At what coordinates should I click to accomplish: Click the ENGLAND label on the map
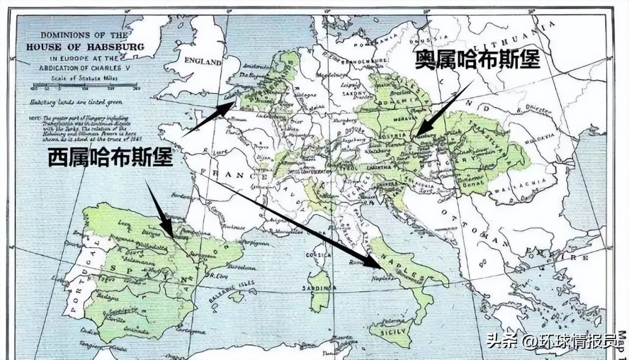coord(203,62)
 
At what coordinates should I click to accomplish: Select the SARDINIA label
coord(318,288)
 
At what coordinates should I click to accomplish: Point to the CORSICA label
coord(316,255)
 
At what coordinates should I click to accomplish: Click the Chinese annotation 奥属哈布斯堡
coord(477,59)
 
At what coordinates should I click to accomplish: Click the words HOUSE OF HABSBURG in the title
coord(85,48)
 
